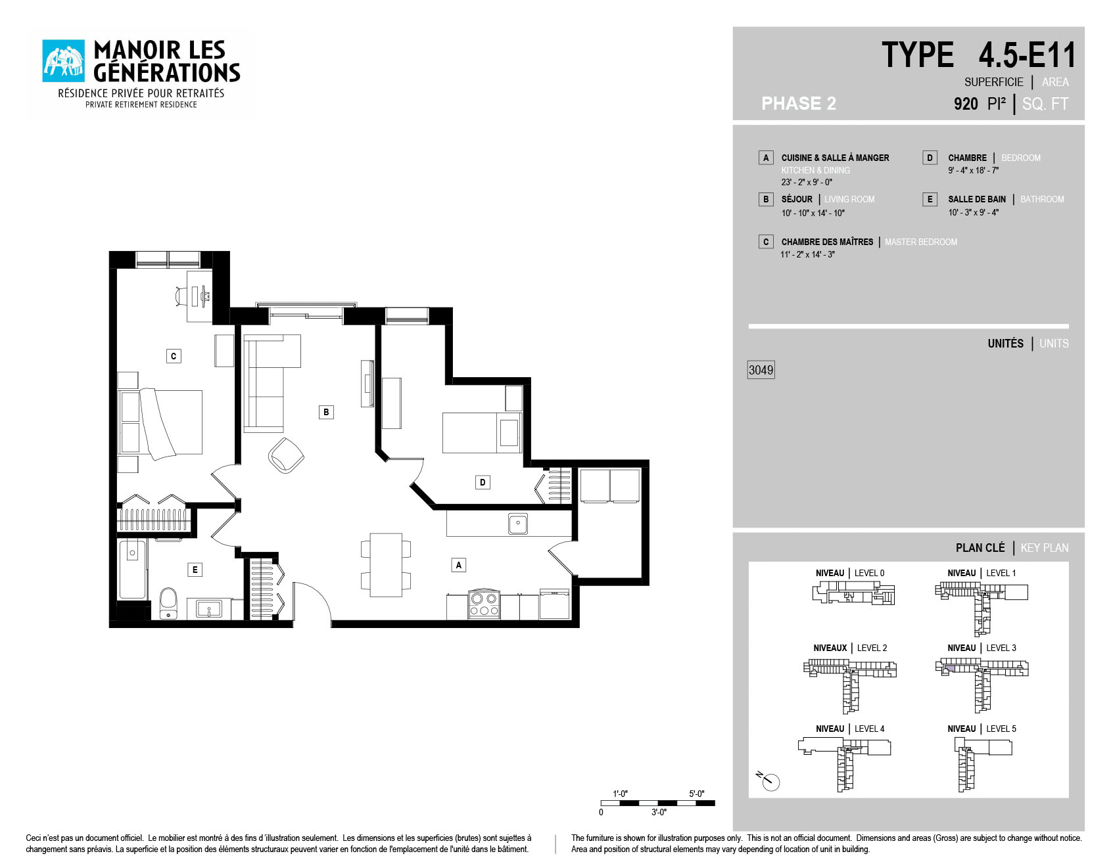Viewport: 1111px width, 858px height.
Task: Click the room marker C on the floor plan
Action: tap(174, 356)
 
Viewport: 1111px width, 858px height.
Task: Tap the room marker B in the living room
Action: tap(326, 412)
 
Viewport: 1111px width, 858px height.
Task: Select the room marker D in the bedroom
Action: tap(483, 482)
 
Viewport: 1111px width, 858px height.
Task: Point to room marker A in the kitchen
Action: tap(459, 565)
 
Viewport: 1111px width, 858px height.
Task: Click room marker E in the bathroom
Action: tap(195, 570)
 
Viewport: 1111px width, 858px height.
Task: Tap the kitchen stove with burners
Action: tap(485, 604)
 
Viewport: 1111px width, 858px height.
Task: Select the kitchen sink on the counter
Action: tap(518, 524)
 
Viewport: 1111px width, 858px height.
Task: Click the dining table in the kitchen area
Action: tap(386, 565)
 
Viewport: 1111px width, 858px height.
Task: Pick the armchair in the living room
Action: tap(286, 455)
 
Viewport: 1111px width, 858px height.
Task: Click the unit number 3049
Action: tap(761, 370)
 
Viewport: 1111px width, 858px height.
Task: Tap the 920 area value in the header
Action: tap(966, 104)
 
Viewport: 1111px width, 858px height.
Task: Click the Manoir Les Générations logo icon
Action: tap(64, 61)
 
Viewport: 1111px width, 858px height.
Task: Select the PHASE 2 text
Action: tap(799, 103)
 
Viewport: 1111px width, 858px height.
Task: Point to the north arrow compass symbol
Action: tap(768, 780)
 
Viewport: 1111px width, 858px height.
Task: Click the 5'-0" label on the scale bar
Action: tap(697, 794)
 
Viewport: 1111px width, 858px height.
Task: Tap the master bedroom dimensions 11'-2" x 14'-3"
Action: tap(808, 254)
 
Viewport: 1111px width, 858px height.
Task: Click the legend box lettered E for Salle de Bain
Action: tap(930, 199)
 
